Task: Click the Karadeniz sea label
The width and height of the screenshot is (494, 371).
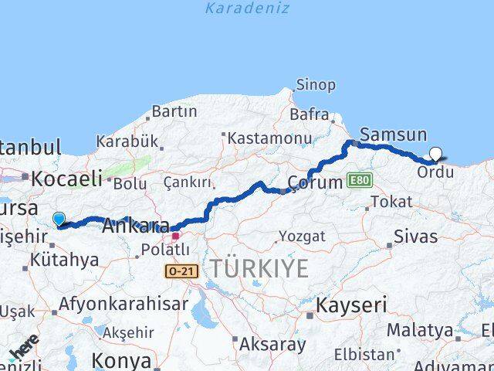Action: pyautogui.click(x=247, y=9)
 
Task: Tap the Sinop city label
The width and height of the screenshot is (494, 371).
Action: pyautogui.click(x=316, y=85)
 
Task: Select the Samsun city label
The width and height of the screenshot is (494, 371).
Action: pyautogui.click(x=393, y=134)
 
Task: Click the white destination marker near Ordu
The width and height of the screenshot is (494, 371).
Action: pyautogui.click(x=435, y=154)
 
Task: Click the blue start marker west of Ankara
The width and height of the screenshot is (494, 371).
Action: pyautogui.click(x=59, y=220)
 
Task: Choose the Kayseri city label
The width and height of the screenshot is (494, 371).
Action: pyautogui.click(x=350, y=305)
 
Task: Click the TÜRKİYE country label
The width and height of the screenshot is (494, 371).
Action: pyautogui.click(x=259, y=269)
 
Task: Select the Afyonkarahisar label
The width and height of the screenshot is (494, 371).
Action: pyautogui.click(x=123, y=304)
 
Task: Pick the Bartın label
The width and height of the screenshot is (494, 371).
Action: pyautogui.click(x=174, y=111)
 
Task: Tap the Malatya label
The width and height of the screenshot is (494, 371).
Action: pyautogui.click(x=420, y=330)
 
